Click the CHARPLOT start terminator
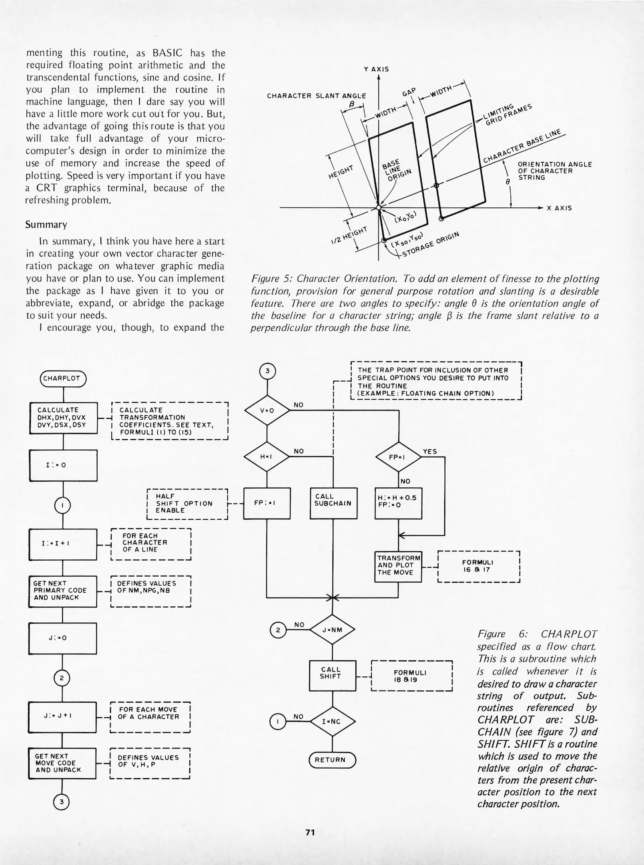63,378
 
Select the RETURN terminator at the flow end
332,760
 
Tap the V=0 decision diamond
267,410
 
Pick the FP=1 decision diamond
398,457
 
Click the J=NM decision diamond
333,630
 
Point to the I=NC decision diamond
333,721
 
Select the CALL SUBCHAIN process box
333,503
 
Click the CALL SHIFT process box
332,675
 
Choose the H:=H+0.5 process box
398,503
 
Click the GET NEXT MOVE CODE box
62,763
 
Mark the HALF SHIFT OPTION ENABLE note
187,503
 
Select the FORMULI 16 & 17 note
478,566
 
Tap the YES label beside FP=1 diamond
430,451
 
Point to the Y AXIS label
376,69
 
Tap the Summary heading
46,225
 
